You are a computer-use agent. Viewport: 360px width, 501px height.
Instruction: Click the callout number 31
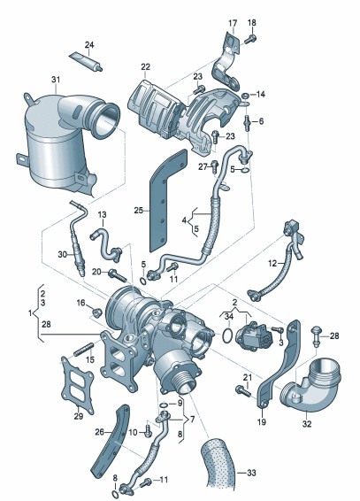pyautogui.click(x=56, y=80)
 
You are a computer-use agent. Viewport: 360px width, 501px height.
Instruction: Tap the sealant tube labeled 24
pyautogui.click(x=86, y=61)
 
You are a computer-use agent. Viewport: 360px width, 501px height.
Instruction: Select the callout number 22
pyautogui.click(x=145, y=67)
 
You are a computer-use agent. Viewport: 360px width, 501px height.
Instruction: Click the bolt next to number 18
pyautogui.click(x=250, y=39)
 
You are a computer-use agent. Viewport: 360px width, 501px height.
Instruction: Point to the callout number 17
pyautogui.click(x=233, y=23)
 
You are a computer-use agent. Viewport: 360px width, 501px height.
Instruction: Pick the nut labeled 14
pyautogui.click(x=245, y=95)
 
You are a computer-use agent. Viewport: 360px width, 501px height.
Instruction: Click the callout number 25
pyautogui.click(x=138, y=211)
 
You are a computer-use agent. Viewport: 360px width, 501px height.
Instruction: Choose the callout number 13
pyautogui.click(x=102, y=215)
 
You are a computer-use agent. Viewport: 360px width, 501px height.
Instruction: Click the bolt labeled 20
pyautogui.click(x=118, y=274)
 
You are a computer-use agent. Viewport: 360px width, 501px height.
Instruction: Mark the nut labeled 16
pyautogui.click(x=96, y=311)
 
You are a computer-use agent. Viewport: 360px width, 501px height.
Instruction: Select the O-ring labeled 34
pyautogui.click(x=227, y=335)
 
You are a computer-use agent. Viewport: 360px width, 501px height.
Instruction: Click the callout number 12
pyautogui.click(x=272, y=263)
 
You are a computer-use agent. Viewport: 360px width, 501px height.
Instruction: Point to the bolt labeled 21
pyautogui.click(x=242, y=390)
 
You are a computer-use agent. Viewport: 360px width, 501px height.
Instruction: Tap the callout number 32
pyautogui.click(x=307, y=424)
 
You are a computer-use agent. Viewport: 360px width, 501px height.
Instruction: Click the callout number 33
pyautogui.click(x=251, y=473)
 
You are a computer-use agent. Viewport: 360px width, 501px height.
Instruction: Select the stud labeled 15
pyautogui.click(x=84, y=349)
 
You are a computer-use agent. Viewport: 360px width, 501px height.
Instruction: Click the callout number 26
pyautogui.click(x=100, y=432)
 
